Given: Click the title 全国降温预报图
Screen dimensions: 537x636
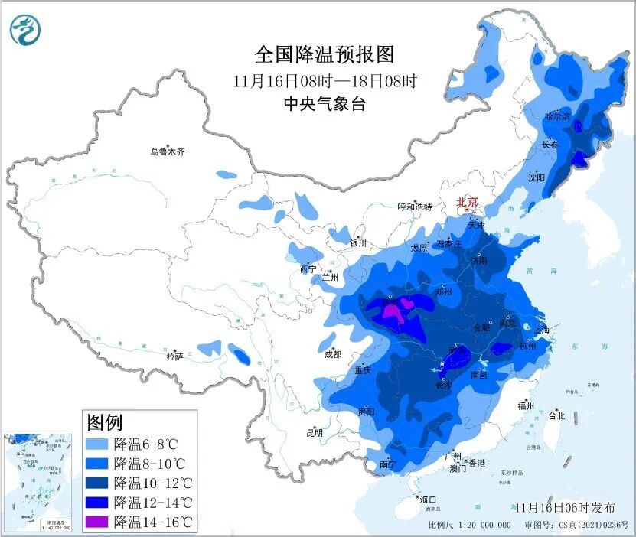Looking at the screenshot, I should coord(325,55).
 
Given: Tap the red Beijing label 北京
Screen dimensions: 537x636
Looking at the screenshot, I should coord(467,202).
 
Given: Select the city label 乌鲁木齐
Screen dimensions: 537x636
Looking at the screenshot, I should coord(167,151).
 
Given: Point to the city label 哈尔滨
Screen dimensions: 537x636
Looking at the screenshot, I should coord(557,116).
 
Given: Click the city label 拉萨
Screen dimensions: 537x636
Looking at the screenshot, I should coord(174,356).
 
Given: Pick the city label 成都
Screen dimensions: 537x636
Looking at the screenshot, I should coord(331,353).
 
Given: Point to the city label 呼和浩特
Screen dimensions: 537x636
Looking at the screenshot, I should coord(415,207).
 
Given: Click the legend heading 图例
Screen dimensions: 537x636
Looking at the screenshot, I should coord(105,421).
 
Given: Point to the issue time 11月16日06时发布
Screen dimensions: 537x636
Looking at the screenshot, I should coord(565,507).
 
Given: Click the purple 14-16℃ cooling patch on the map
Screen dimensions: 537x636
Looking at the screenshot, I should coord(394,311).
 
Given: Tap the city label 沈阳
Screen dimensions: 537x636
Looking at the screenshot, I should coord(537,177).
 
